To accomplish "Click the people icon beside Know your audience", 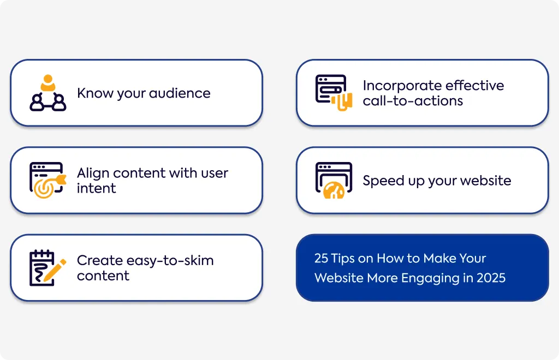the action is pyautogui.click(x=48, y=93).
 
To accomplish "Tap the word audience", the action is pyautogui.click(x=180, y=93).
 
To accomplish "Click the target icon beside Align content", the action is pyautogui.click(x=48, y=180).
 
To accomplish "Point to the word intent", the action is pyautogui.click(x=96, y=188).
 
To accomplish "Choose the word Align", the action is pyautogui.click(x=93, y=173).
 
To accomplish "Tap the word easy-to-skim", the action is pyautogui.click(x=170, y=261).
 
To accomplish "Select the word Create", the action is pyautogui.click(x=100, y=261).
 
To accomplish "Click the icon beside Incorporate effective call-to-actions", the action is pyautogui.click(x=334, y=93).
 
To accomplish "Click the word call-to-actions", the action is pyautogui.click(x=413, y=101).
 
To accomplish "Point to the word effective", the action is pyautogui.click(x=474, y=86).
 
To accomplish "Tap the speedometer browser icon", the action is pyautogui.click(x=334, y=180).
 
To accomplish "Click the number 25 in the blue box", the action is pyautogui.click(x=321, y=258).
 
